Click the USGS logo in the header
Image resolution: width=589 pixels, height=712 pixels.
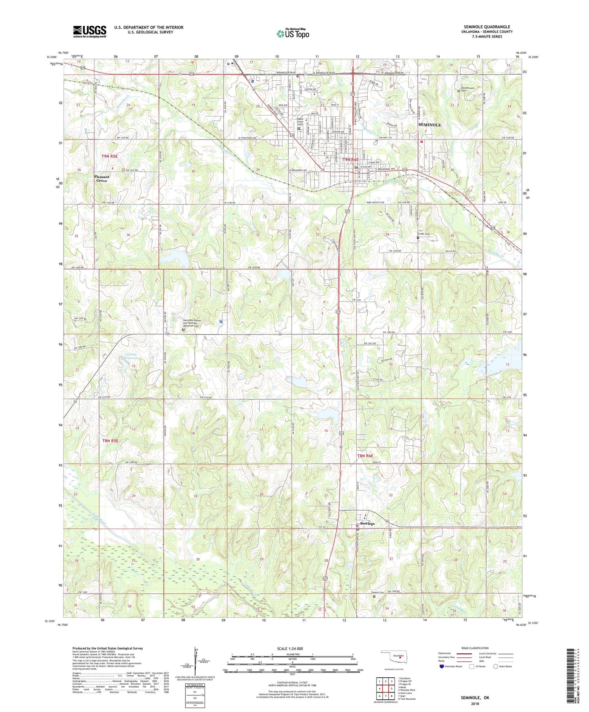(x=90, y=31)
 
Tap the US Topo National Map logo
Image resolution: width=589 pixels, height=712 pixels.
(x=293, y=33)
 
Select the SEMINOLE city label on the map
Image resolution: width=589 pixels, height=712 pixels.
(x=430, y=125)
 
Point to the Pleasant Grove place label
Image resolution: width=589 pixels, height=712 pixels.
(x=102, y=179)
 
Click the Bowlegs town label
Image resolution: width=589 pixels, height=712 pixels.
(x=367, y=524)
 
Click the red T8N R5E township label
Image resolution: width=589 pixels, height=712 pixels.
(x=110, y=441)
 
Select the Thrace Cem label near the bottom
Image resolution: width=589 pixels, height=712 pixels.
(x=377, y=593)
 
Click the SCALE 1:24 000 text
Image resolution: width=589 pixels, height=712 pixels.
(x=290, y=649)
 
